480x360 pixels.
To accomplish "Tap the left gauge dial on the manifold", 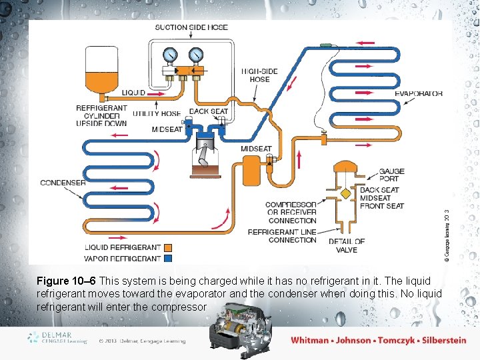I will (171, 54).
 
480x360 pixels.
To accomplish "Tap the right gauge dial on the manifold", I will (195, 54).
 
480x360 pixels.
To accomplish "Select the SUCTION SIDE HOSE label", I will (191, 27).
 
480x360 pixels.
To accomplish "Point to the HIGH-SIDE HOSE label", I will (260, 75).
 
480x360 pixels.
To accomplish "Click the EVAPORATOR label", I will (419, 94).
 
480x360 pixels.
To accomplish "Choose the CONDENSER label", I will (63, 183).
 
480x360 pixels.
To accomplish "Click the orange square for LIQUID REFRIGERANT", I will (168, 248).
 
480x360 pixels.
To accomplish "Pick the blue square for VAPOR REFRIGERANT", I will (168, 258).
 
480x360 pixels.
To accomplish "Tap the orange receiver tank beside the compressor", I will (251, 170).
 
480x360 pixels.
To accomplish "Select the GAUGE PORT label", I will (391, 175).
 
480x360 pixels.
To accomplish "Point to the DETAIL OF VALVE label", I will (347, 245).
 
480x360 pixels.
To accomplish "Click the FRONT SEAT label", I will (381, 206).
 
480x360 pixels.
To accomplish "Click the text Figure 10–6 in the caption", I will (65, 281).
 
